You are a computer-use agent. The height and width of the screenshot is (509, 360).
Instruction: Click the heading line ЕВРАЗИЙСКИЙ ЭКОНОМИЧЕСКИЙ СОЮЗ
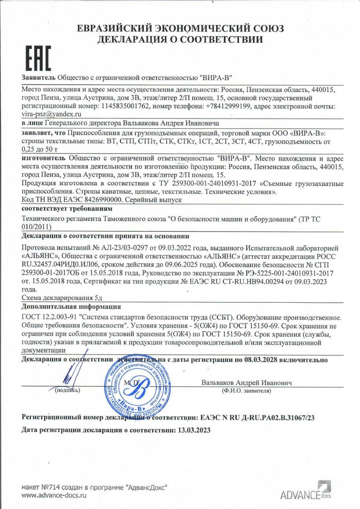[x=180, y=29]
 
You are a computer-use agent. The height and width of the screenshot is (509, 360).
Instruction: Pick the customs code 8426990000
[x=96, y=200]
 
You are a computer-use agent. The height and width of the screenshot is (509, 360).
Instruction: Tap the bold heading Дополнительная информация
[x=71, y=307]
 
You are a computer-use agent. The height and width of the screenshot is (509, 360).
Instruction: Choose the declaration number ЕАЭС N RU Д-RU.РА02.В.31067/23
[x=256, y=418]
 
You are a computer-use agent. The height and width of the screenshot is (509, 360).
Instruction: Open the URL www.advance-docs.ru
[x=54, y=495]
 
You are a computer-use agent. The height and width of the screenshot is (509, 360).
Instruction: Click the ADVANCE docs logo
[x=305, y=491]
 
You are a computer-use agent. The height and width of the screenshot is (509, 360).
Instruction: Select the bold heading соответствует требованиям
[x=67, y=208]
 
